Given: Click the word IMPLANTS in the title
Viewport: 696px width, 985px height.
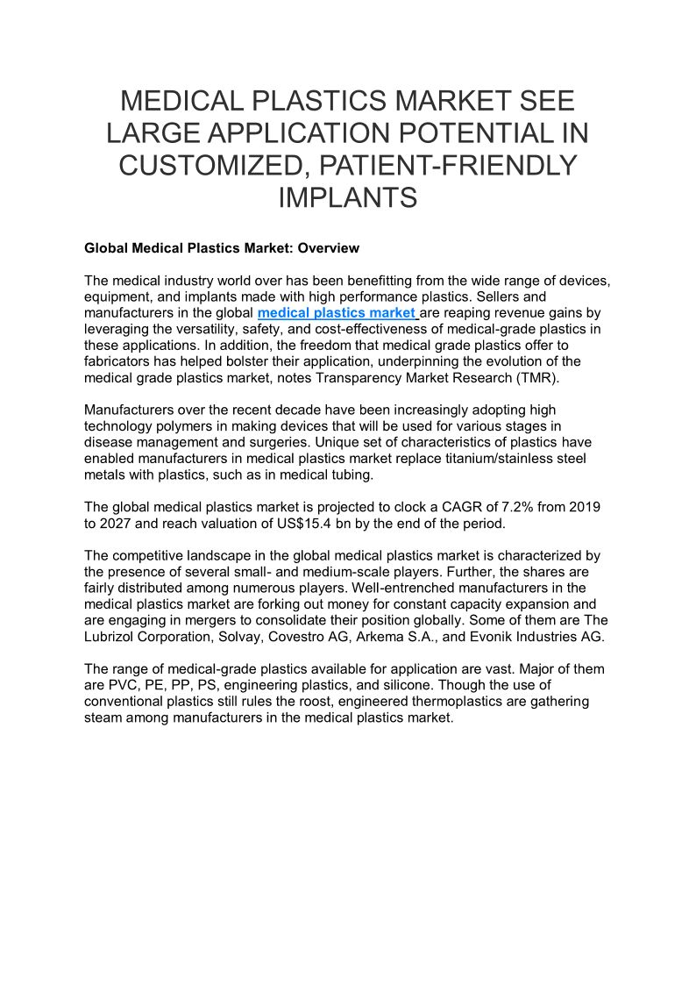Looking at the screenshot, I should point(347,196).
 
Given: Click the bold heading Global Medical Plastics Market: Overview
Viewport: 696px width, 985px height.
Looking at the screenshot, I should point(222,248).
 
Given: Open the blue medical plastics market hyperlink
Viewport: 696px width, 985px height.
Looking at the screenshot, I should point(337,312).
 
